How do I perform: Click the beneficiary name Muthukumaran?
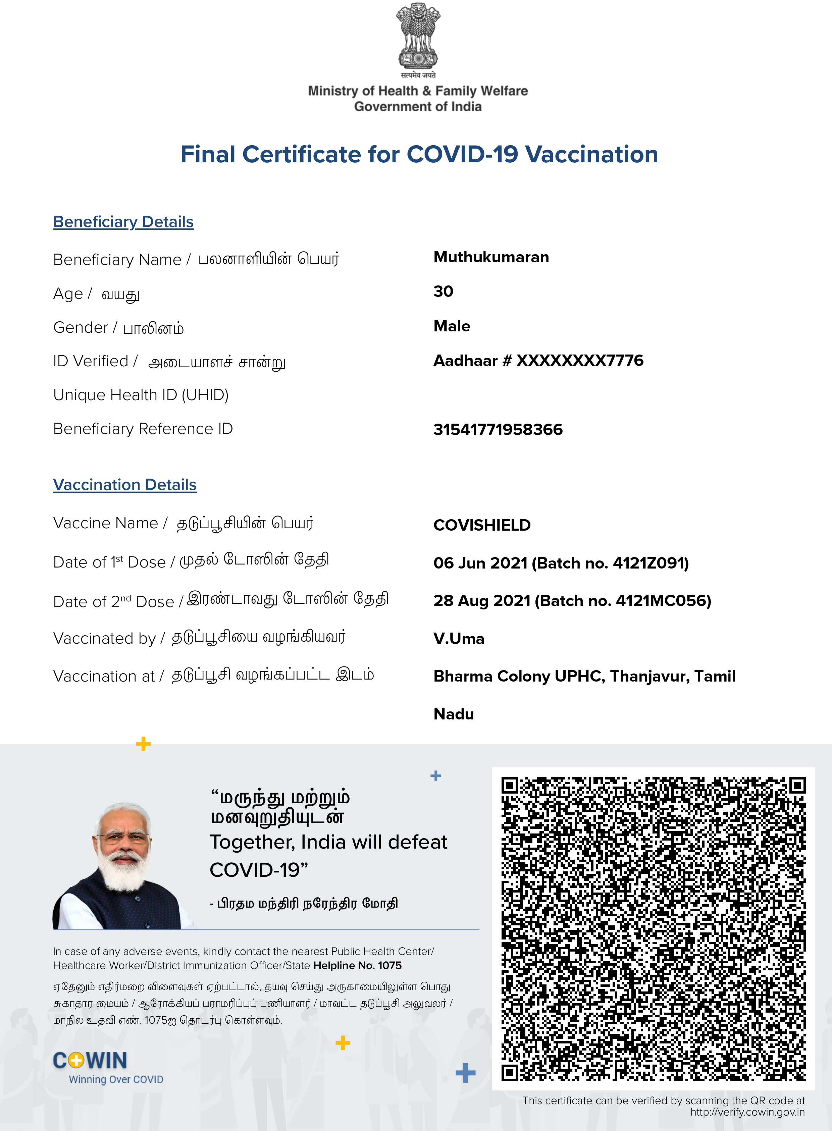click(491, 257)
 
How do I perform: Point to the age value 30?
click(443, 291)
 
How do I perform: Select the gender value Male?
click(452, 326)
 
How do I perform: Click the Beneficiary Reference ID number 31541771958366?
click(498, 430)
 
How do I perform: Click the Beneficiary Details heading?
click(123, 222)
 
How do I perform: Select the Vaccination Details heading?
click(125, 485)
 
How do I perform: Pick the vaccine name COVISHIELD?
click(482, 525)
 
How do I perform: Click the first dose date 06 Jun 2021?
click(480, 563)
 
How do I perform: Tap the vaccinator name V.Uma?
click(459, 639)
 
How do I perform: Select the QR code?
click(653, 929)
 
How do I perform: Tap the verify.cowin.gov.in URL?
click(747, 1112)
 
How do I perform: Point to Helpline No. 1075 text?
click(357, 965)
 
